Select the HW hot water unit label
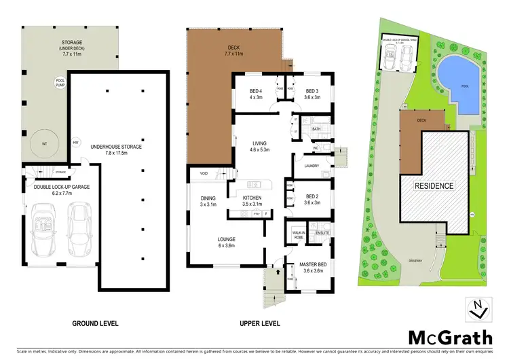point(76,142)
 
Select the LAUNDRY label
point(313,165)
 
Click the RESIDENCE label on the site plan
point(434,185)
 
